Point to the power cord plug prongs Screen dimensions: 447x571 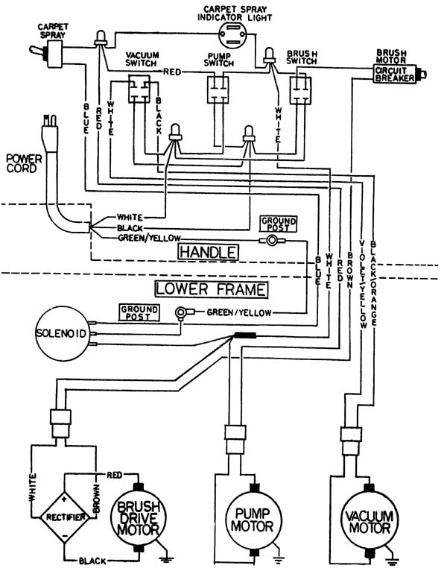click(50, 120)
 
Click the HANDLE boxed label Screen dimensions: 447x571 click(208, 252)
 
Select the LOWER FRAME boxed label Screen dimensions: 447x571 click(211, 289)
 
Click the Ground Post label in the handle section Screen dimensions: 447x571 click(279, 224)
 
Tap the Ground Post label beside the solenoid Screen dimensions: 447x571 click(139, 313)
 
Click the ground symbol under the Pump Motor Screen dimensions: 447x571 click(279, 556)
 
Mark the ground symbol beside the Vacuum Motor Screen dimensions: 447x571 click(393, 560)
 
